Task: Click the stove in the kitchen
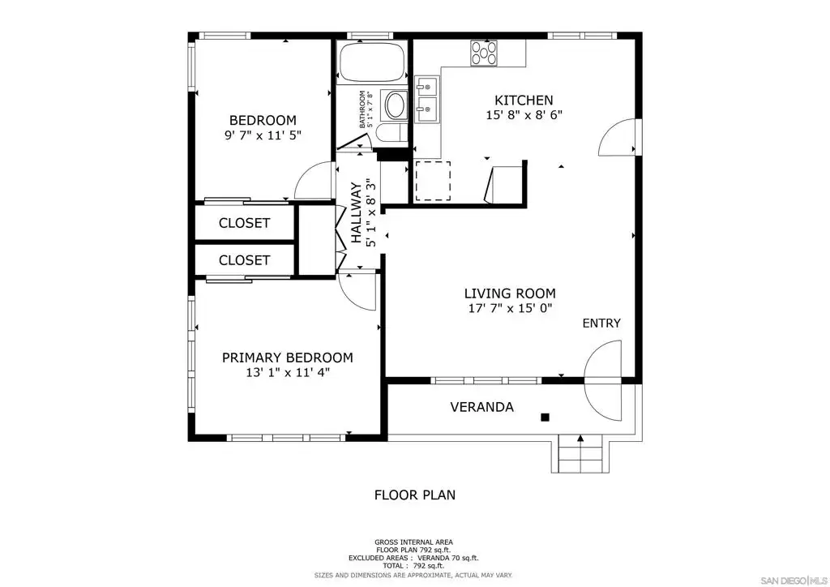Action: point(484,53)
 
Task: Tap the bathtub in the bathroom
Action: point(371,62)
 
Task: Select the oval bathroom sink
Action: point(395,105)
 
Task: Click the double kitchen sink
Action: point(426,100)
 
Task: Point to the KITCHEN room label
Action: point(524,100)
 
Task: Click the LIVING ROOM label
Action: point(510,293)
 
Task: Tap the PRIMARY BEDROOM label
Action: point(288,358)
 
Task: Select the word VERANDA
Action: point(481,407)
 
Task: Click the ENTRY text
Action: point(601,323)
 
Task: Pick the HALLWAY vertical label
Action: point(357,212)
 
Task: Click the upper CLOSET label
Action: point(245,223)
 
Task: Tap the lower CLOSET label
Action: point(245,260)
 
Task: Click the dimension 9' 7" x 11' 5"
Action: point(263,135)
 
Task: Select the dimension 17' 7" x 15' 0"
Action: point(511,308)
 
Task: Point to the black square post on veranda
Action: point(545,417)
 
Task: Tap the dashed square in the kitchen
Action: point(433,181)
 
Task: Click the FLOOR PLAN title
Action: point(415,495)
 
